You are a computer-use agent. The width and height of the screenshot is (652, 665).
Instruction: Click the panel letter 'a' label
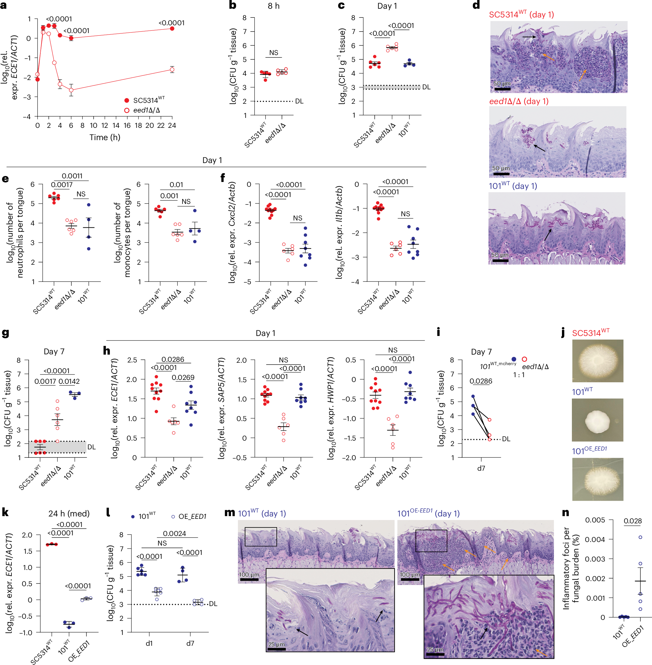pos(3,5)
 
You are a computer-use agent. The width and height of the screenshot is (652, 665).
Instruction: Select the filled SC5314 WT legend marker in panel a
pos(127,100)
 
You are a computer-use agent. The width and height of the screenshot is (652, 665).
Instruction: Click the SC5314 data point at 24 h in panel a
pos(172,28)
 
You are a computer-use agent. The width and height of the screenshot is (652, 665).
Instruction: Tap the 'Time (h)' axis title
pos(105,137)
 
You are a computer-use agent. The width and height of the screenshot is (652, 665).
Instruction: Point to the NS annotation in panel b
pos(274,53)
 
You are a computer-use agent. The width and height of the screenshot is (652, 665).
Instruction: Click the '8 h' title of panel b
pos(274,6)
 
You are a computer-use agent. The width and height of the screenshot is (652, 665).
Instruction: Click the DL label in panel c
pos(426,87)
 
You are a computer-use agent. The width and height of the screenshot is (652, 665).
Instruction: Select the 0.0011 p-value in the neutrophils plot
pos(72,176)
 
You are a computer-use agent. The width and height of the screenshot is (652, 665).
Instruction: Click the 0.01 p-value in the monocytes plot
pos(176,185)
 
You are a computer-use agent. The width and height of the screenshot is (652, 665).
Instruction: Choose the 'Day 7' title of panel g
pos(54,351)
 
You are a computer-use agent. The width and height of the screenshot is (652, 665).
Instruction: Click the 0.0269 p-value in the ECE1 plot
pos(183,377)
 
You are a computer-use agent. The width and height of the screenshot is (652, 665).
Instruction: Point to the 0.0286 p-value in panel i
pos(481,381)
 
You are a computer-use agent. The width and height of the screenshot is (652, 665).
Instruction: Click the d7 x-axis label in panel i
pos(481,468)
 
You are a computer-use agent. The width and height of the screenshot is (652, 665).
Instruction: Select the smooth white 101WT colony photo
pos(597,420)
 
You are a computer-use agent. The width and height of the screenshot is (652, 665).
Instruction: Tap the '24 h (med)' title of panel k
pos(69,513)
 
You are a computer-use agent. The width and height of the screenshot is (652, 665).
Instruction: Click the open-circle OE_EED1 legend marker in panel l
pos(173,516)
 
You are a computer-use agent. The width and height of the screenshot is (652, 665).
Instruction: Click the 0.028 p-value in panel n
pos(632,521)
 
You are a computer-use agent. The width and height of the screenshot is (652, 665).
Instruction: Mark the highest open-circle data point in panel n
pos(640,537)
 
